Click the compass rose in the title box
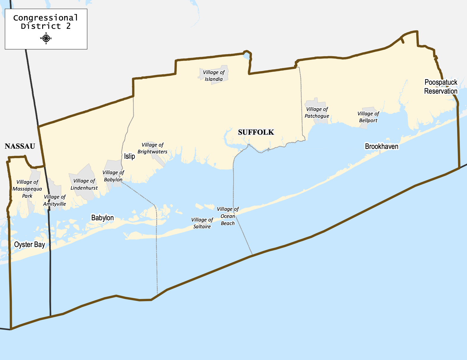coord(46,38)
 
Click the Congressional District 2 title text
coord(46,22)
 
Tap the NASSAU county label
coord(20,146)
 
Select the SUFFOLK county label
coord(256,132)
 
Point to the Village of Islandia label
coord(214,76)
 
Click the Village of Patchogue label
coord(317,113)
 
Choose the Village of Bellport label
coord(368,117)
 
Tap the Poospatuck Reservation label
coord(441,87)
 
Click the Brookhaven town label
coord(381,147)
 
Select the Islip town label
coord(130,156)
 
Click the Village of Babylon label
coord(113,176)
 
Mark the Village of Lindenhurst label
coord(84,184)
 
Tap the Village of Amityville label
coord(55,200)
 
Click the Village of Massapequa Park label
coord(27,189)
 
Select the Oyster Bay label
coord(30,245)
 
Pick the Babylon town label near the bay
coord(102,218)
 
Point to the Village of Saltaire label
coord(202,223)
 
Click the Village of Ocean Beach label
coord(228,216)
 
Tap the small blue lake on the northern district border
coord(246,56)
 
